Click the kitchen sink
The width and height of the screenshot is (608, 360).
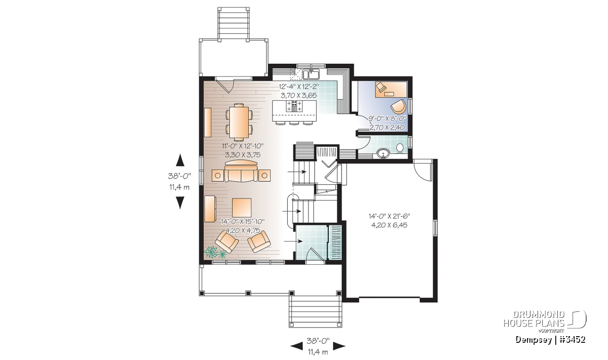pos(311,74)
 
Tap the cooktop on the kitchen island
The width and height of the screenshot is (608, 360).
pos(294,106)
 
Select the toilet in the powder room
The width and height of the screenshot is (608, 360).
pos(400,149)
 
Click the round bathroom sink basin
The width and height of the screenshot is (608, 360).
pos(383,153)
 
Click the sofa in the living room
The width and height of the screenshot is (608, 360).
pos(241,174)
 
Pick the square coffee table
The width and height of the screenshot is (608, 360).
pos(241,208)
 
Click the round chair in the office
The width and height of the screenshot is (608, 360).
pos(398,107)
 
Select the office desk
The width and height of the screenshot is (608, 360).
pos(391,89)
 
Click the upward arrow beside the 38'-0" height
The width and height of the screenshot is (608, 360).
pos(180,160)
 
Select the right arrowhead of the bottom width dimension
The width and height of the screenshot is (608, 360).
pos(339,346)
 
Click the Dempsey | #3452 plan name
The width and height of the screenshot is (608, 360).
pos(550,340)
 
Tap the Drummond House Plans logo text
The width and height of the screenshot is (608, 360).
pos(534,319)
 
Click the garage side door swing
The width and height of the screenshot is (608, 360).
pos(423,169)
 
